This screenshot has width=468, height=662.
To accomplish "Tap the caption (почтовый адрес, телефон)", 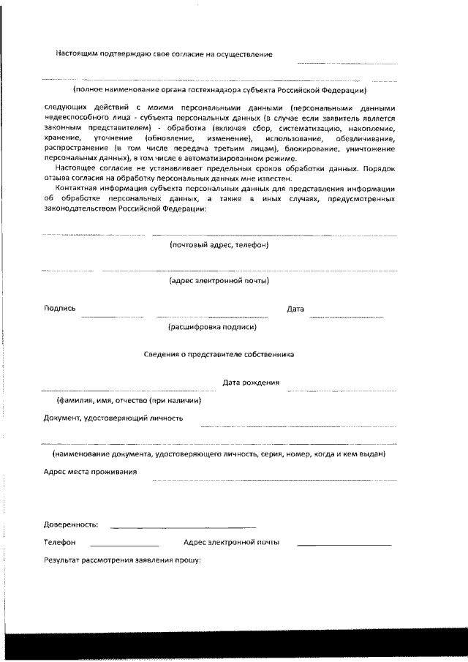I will [x=219, y=245].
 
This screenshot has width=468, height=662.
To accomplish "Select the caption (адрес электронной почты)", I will [x=219, y=280].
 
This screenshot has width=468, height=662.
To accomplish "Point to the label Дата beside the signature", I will [x=295, y=309].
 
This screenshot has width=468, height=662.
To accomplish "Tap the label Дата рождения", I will [x=251, y=382].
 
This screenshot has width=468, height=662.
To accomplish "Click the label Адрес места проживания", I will [x=90, y=473].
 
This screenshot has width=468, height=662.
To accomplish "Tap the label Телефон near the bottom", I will [x=59, y=543].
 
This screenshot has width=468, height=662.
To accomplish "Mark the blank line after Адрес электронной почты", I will [x=344, y=546].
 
